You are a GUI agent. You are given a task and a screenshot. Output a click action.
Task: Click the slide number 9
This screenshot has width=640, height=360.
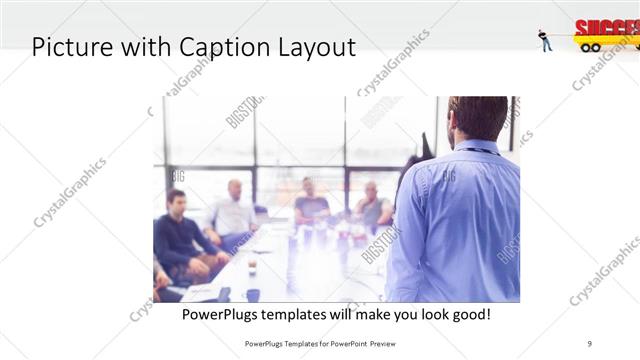[x=590, y=343]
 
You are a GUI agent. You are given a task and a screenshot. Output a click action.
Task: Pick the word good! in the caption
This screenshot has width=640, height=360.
[x=467, y=314]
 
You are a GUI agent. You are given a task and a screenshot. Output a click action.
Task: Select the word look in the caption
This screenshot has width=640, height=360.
[x=423, y=314]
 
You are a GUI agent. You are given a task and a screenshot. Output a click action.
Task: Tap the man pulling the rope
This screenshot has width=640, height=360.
[x=545, y=39]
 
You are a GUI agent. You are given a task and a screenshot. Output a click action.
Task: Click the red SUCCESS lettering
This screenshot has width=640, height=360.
[x=604, y=27]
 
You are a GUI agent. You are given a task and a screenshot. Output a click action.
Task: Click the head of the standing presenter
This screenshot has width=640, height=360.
[x=477, y=118]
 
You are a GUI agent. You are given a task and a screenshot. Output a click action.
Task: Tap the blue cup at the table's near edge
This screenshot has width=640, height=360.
[x=253, y=295]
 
